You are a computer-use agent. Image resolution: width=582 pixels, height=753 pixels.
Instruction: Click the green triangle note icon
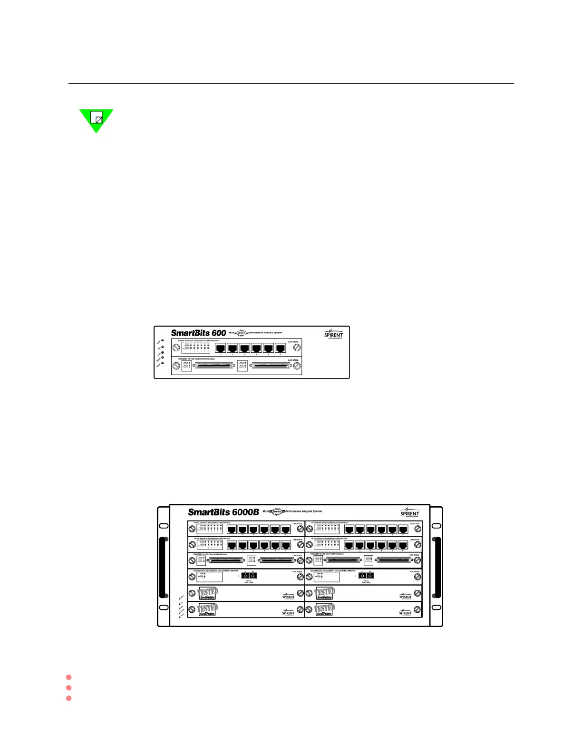(x=96, y=119)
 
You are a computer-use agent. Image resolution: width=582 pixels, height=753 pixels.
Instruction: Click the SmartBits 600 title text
(x=198, y=333)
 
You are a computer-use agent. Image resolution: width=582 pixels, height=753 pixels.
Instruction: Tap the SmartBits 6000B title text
(x=223, y=512)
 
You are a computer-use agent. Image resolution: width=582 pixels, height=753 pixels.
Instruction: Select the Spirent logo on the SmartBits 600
(x=333, y=334)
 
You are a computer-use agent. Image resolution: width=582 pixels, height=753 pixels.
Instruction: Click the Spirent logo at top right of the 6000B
(x=409, y=513)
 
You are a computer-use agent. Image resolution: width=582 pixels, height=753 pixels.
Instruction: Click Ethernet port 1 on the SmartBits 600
(x=220, y=348)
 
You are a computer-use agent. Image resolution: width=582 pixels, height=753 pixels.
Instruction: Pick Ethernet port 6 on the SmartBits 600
(x=281, y=348)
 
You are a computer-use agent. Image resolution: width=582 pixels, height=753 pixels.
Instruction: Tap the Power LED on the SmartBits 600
(x=162, y=340)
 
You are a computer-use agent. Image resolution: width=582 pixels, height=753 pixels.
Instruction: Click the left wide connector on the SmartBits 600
(x=213, y=366)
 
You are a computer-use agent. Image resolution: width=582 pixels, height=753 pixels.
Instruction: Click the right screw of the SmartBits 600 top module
(x=297, y=348)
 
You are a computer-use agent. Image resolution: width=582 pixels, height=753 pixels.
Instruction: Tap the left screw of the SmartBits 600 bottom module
(x=176, y=366)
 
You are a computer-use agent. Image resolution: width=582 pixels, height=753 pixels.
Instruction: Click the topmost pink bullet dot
(x=69, y=677)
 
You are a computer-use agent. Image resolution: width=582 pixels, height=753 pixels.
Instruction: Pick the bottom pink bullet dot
(x=69, y=698)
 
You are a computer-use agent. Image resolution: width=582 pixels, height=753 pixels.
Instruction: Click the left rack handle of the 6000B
(x=163, y=567)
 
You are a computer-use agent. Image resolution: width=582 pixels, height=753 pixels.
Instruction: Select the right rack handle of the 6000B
(x=437, y=567)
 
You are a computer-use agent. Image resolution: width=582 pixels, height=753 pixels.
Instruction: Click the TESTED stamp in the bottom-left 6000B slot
(x=207, y=609)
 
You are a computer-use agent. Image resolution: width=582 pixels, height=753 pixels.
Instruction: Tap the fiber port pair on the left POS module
(x=249, y=576)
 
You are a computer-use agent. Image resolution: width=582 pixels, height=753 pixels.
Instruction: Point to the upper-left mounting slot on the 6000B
(x=163, y=526)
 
